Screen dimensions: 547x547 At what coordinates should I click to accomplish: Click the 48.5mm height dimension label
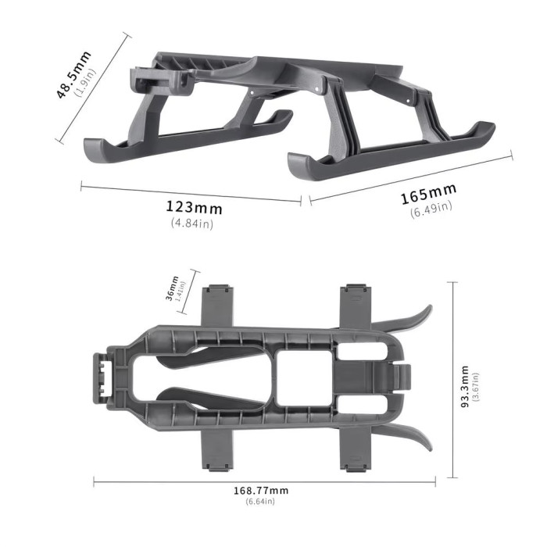pos(73,75)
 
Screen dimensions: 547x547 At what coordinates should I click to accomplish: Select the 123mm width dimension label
pos(194,208)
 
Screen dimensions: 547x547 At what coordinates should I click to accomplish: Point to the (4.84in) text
pos(191,223)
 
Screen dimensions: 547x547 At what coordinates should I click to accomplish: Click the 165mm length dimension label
pos(428,194)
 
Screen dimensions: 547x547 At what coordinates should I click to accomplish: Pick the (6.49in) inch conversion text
pos(431,209)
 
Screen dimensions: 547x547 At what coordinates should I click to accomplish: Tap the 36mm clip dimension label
pos(173,288)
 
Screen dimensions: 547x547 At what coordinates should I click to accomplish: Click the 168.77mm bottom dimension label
pos(261,490)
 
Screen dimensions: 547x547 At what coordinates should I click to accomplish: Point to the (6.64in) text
pos(260,501)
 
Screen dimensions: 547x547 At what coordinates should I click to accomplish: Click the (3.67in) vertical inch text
pos(475,388)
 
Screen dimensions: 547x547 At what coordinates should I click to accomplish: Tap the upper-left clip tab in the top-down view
pos(218,306)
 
